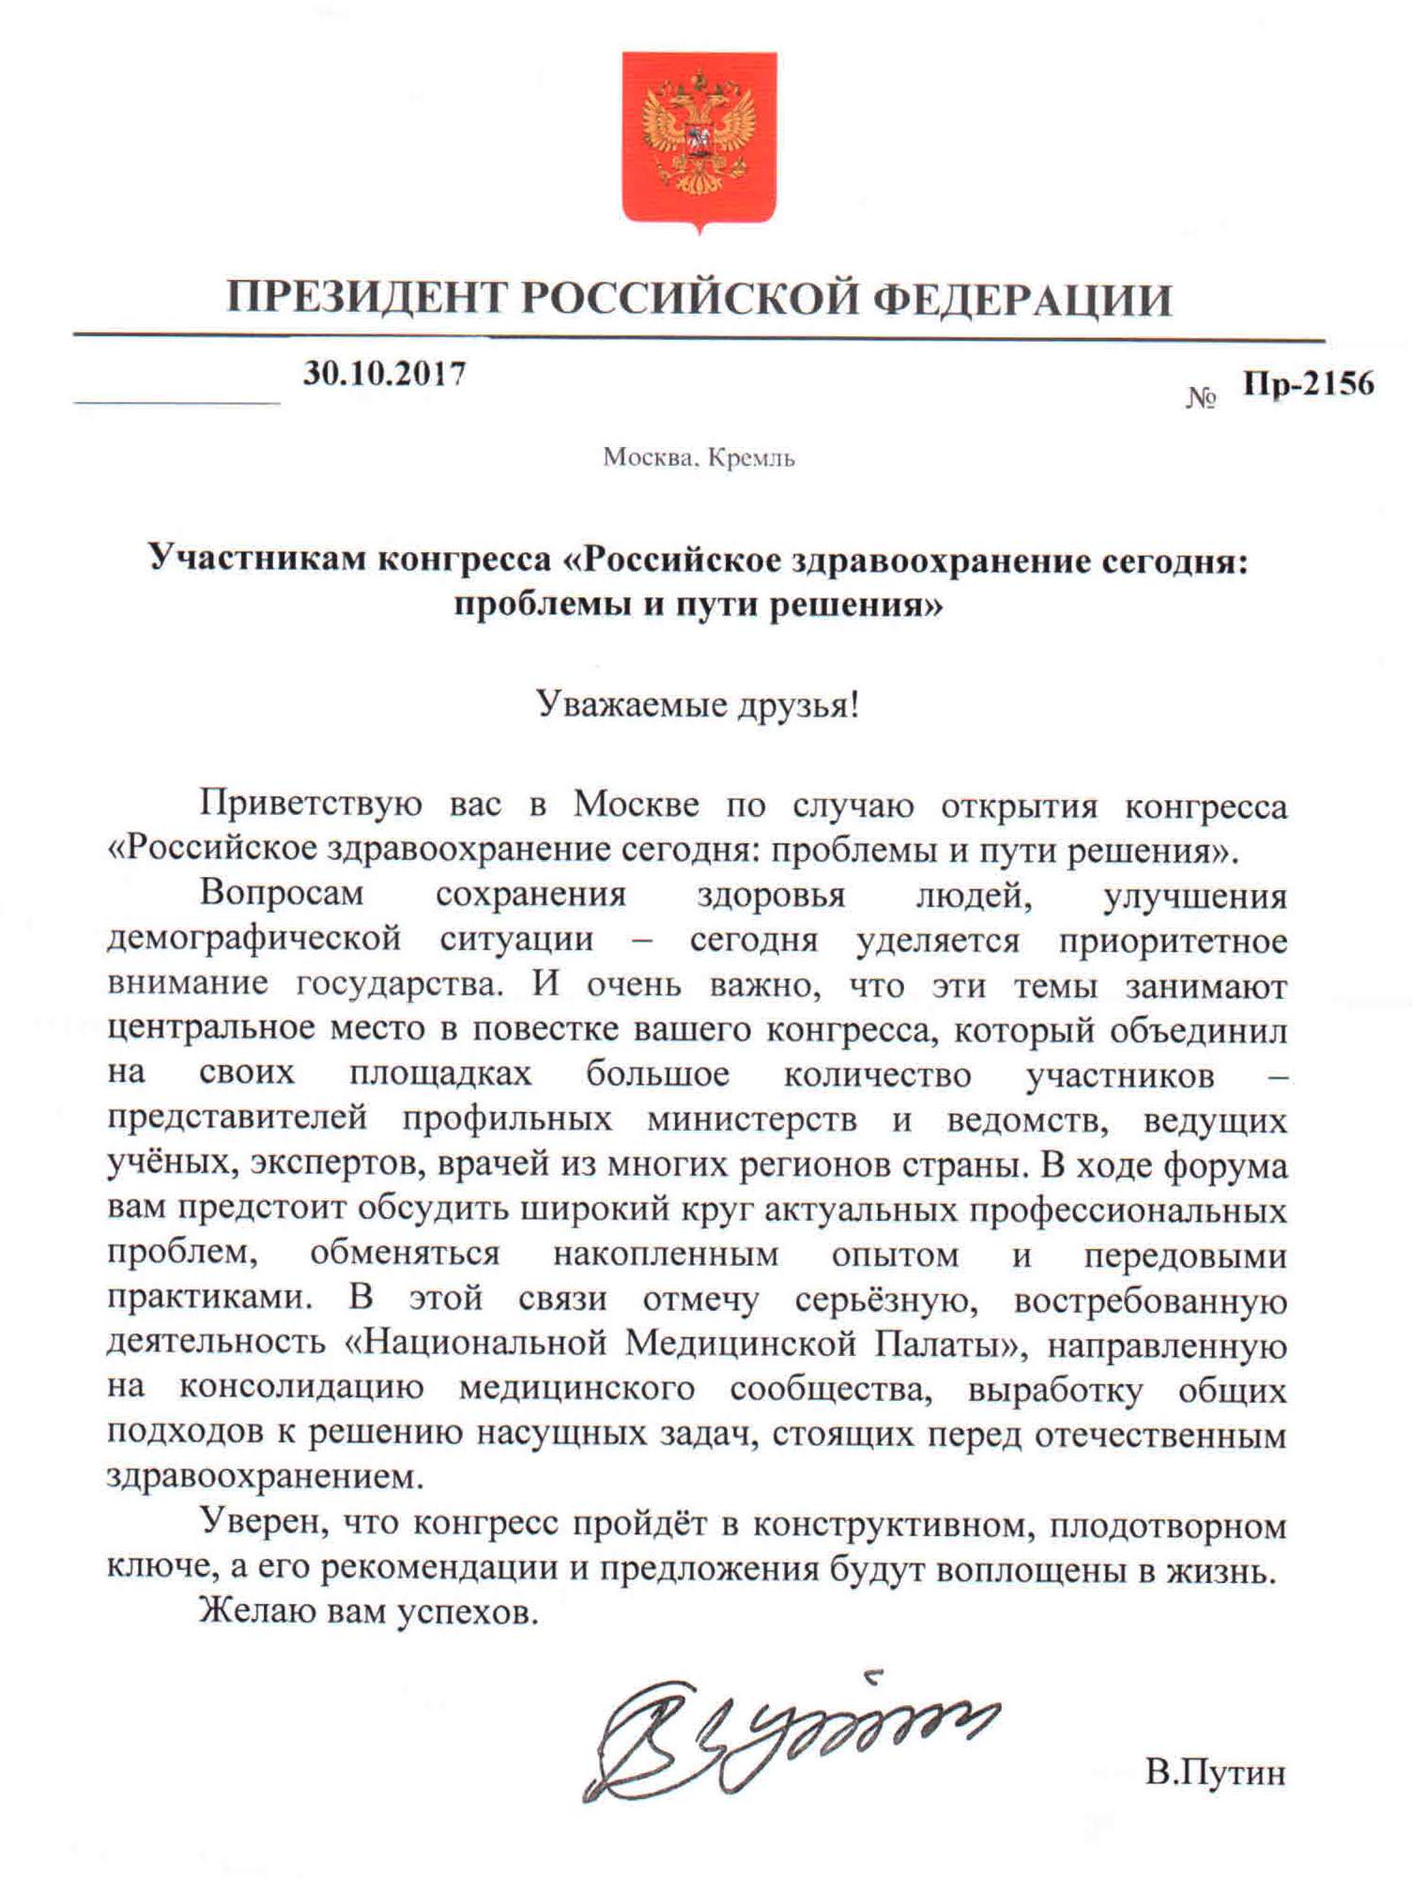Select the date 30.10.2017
384,374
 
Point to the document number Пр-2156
1308,384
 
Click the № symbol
1201,398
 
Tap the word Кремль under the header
751,458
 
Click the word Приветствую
311,805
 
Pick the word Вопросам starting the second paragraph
282,893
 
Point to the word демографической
254,938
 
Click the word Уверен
264,1524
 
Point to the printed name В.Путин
1215,1773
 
